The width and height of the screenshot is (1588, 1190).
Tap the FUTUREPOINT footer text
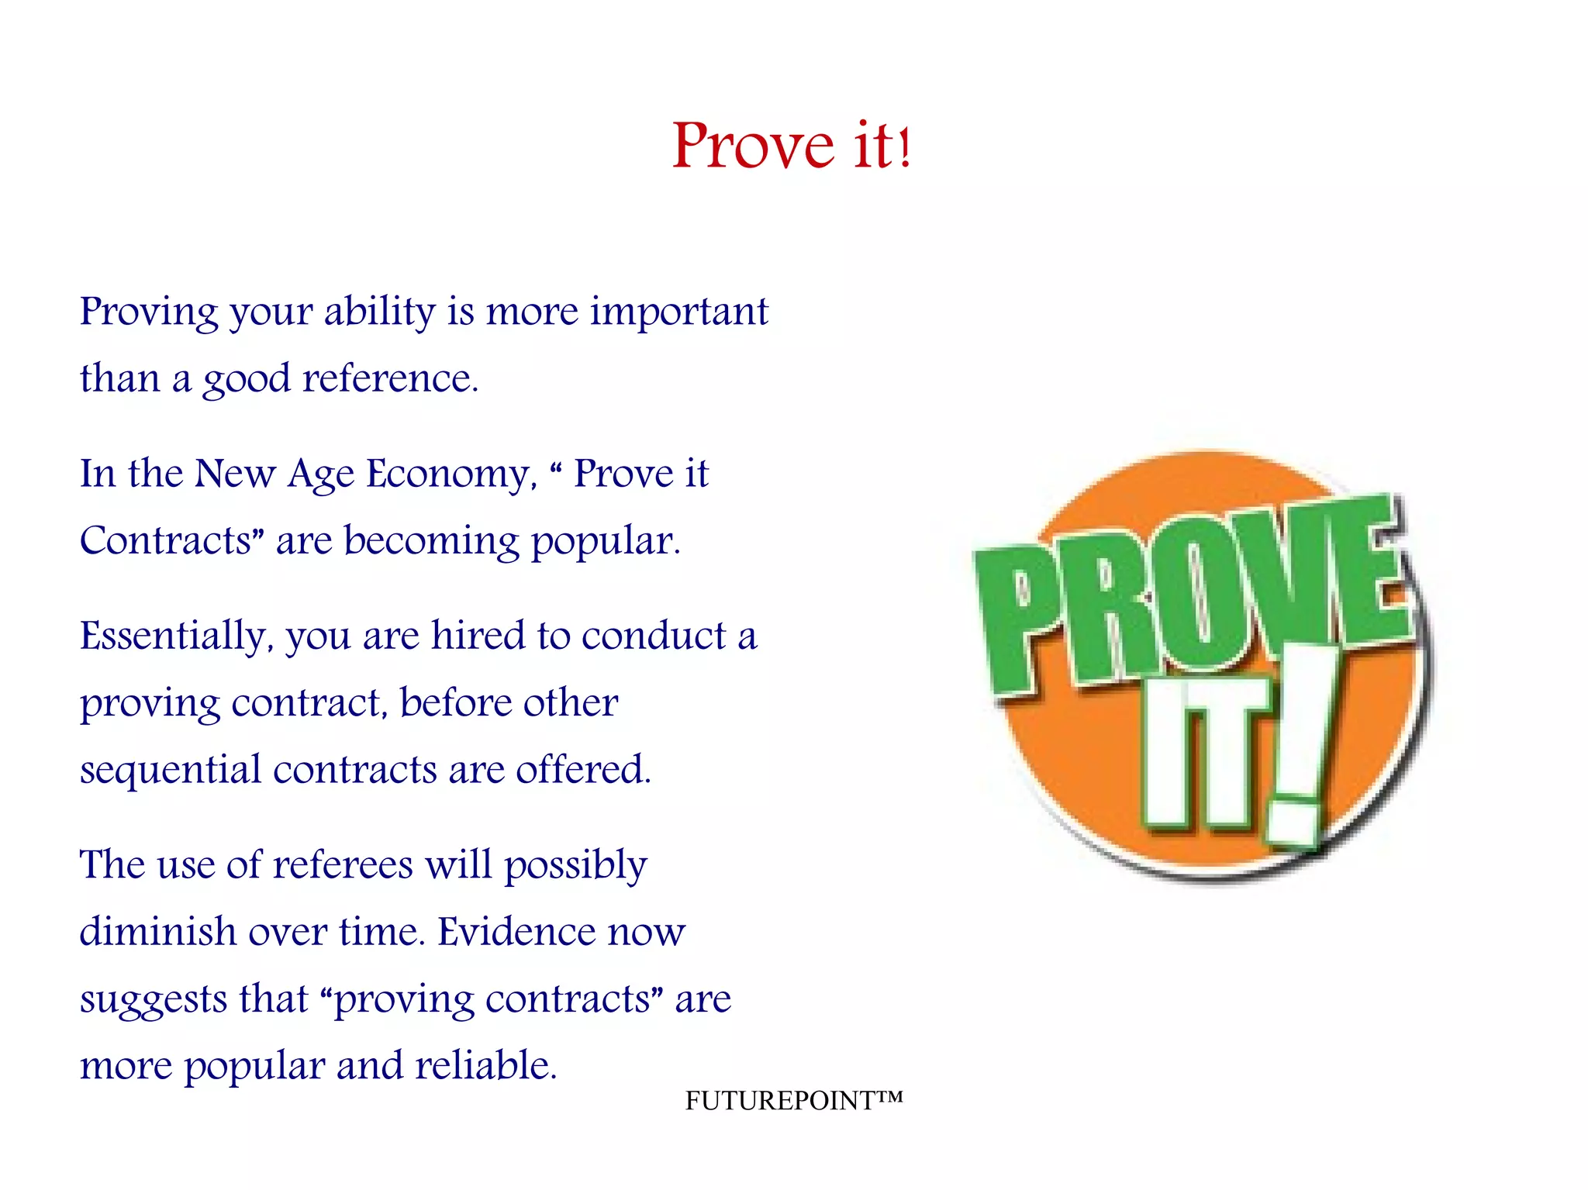point(793,1100)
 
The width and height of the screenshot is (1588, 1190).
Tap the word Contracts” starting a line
point(172,540)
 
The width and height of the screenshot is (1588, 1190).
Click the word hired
point(478,636)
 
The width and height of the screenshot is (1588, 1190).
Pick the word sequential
point(171,771)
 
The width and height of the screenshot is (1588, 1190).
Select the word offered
point(583,770)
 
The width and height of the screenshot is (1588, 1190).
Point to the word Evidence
point(516,932)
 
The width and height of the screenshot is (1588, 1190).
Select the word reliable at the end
point(485,1066)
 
